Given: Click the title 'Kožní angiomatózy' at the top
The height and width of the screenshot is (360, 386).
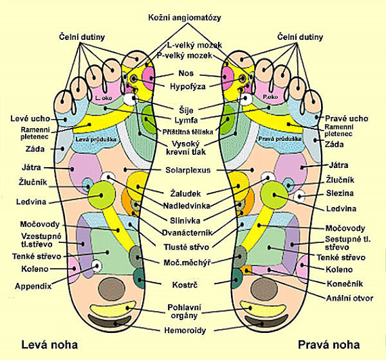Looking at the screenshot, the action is [x=185, y=18].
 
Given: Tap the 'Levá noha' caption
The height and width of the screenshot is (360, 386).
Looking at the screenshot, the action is [x=49, y=344].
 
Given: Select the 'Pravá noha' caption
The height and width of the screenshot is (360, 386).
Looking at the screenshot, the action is [x=329, y=344].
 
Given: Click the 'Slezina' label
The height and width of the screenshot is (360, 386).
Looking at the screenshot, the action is [x=340, y=193].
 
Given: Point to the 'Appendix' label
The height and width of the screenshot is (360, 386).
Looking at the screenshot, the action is [x=33, y=286].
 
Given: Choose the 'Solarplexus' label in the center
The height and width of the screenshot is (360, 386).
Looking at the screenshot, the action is [x=188, y=170].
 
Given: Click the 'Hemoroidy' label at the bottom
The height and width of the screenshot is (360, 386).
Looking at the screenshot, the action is [x=185, y=330].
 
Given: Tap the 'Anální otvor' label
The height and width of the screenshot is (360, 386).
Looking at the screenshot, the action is [x=349, y=298].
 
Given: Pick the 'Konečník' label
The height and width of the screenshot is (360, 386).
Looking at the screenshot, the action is [x=345, y=284].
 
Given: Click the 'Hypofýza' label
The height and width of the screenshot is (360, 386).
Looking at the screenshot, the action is [x=188, y=87].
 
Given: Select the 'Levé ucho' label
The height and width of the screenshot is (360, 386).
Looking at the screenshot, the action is [x=30, y=118].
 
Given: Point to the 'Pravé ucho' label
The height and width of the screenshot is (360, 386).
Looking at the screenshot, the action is [x=347, y=118].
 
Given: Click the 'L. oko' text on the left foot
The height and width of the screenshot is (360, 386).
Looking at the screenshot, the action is [x=104, y=98].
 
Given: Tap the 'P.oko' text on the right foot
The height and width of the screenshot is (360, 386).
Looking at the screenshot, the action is [x=270, y=97].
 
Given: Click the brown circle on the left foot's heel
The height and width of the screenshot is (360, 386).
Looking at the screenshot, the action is [x=112, y=290].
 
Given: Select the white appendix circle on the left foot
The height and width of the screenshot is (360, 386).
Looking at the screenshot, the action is [x=97, y=266].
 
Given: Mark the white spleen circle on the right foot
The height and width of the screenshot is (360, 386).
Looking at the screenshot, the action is [x=299, y=196].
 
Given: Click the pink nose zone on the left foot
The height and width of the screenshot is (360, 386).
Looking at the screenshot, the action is [x=149, y=78].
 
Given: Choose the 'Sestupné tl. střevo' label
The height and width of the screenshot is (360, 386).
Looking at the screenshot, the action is [x=348, y=243].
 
